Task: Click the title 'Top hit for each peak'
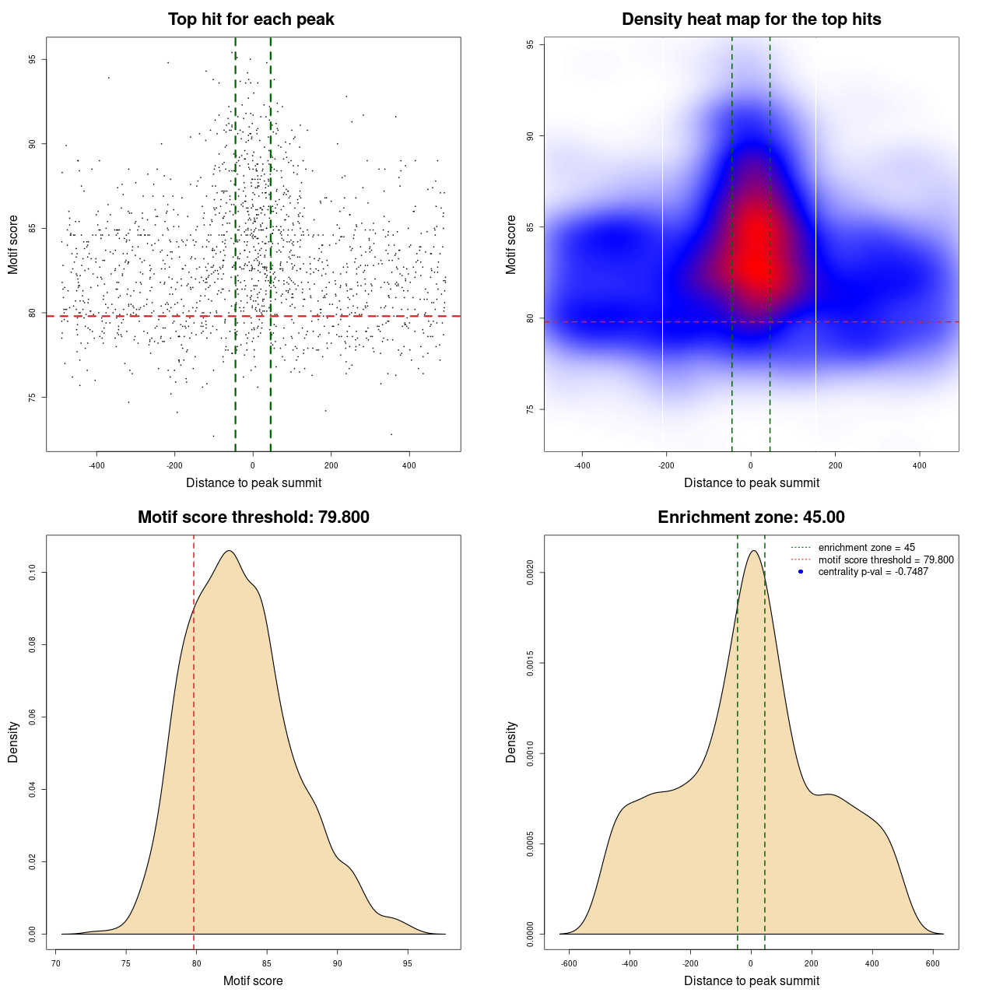(251, 19)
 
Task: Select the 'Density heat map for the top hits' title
(751, 19)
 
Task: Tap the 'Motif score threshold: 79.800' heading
(253, 517)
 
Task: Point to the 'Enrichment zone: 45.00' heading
(751, 517)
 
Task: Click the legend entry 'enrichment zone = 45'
(866, 548)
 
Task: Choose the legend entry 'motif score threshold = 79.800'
(886, 559)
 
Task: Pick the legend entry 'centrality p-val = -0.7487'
(873, 572)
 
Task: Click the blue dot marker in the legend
(801, 572)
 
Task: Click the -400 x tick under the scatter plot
(96, 465)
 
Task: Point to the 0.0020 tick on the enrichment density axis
(531, 573)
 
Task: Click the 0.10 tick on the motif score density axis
(33, 573)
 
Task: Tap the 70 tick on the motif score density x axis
(56, 963)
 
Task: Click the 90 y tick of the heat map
(531, 136)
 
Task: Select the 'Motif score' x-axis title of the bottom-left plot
(253, 980)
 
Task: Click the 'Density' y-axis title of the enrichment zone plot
(511, 742)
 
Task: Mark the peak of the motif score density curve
(229, 551)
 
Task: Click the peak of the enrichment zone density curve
(752, 551)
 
